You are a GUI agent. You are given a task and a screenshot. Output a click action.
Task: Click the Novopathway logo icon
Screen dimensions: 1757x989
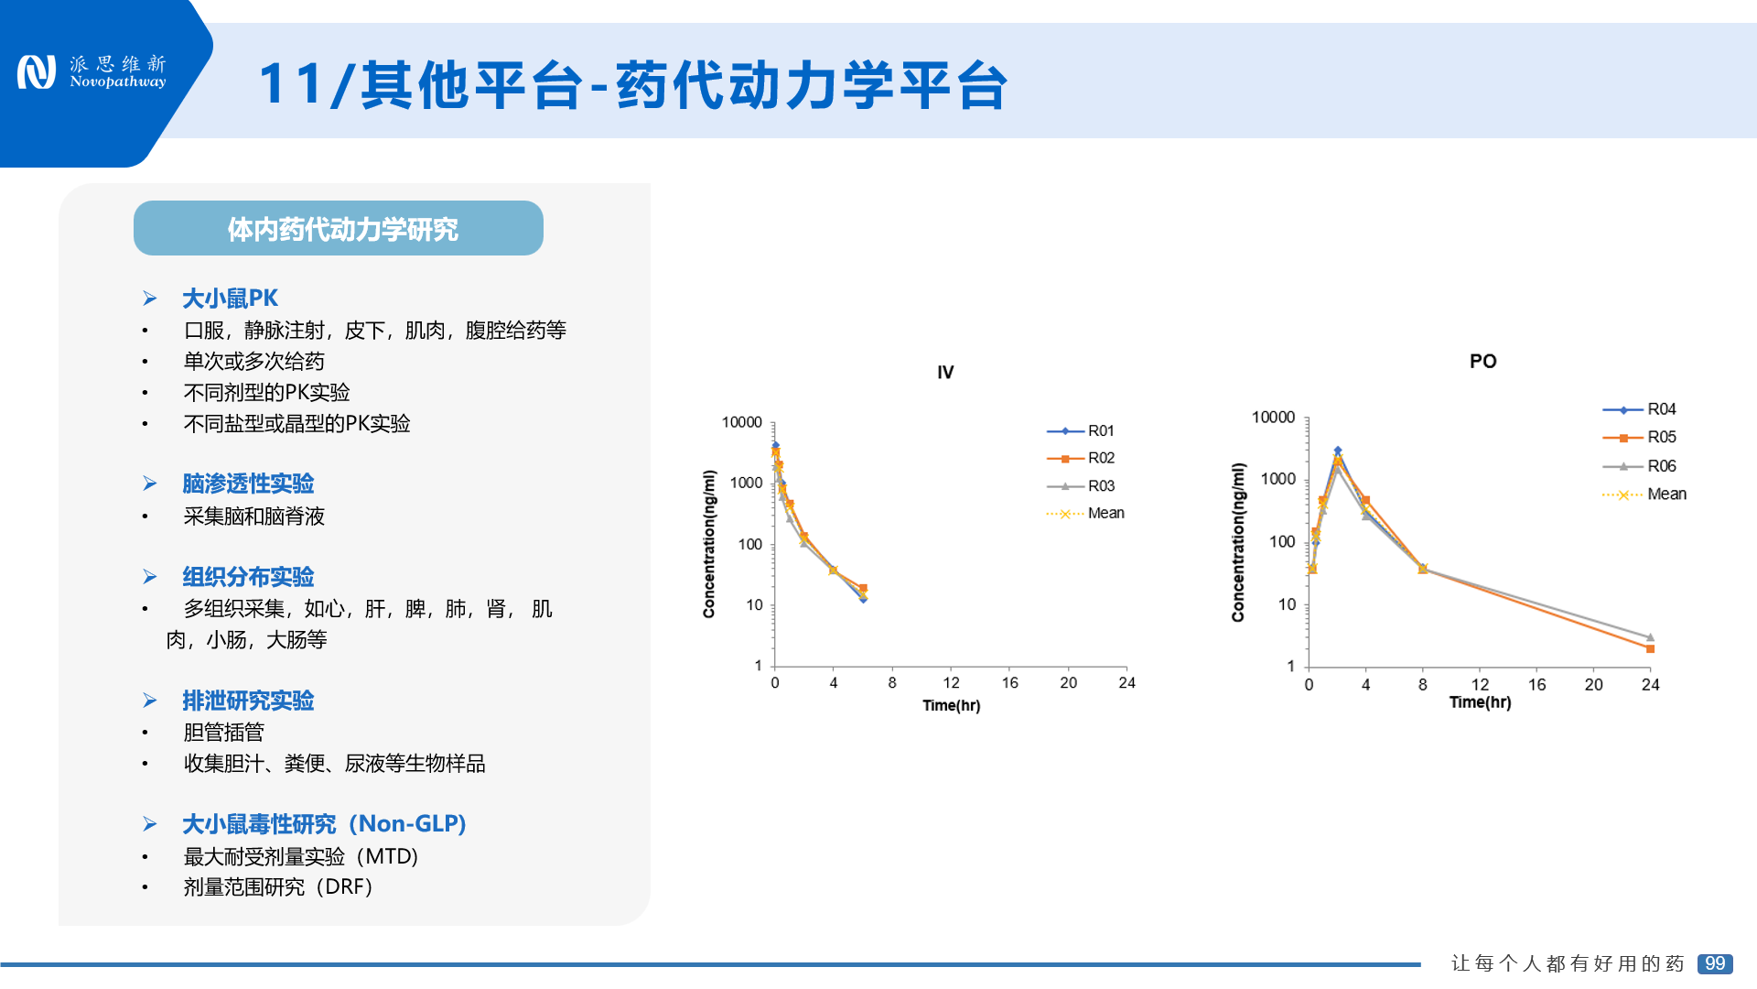(x=37, y=72)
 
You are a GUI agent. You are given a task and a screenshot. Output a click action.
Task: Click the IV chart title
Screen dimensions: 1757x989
(x=945, y=372)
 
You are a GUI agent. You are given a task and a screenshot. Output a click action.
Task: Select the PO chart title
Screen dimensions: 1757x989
(x=1482, y=361)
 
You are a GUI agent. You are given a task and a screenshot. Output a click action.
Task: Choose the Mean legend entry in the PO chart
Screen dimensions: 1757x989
(x=1644, y=494)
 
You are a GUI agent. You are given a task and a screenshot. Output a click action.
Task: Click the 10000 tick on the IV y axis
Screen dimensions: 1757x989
(x=741, y=422)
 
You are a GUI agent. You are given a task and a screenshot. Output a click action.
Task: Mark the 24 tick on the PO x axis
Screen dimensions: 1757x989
(x=1650, y=684)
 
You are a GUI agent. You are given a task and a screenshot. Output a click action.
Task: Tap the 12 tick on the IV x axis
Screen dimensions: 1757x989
(x=951, y=682)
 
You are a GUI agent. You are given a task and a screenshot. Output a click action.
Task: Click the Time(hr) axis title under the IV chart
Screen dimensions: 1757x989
(x=951, y=705)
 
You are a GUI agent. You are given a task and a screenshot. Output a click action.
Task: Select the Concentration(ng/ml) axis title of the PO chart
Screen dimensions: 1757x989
(x=1238, y=542)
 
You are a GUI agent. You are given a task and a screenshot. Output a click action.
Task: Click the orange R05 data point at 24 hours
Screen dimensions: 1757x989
(x=1650, y=648)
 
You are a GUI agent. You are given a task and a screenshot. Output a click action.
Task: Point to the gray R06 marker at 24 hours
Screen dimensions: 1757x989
(x=1650, y=637)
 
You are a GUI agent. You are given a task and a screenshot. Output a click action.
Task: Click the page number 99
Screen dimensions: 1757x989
(x=1715, y=963)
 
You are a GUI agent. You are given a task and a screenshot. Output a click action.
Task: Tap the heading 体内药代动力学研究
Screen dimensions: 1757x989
(x=342, y=229)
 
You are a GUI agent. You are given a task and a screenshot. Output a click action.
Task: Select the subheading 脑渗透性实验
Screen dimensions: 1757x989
(x=248, y=483)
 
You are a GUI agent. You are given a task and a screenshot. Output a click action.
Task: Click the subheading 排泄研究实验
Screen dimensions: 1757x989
(x=248, y=701)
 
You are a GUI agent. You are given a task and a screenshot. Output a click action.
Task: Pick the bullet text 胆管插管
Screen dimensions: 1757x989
(x=223, y=732)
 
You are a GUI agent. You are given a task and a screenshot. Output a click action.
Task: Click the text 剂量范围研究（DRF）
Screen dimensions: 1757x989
(x=278, y=886)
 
